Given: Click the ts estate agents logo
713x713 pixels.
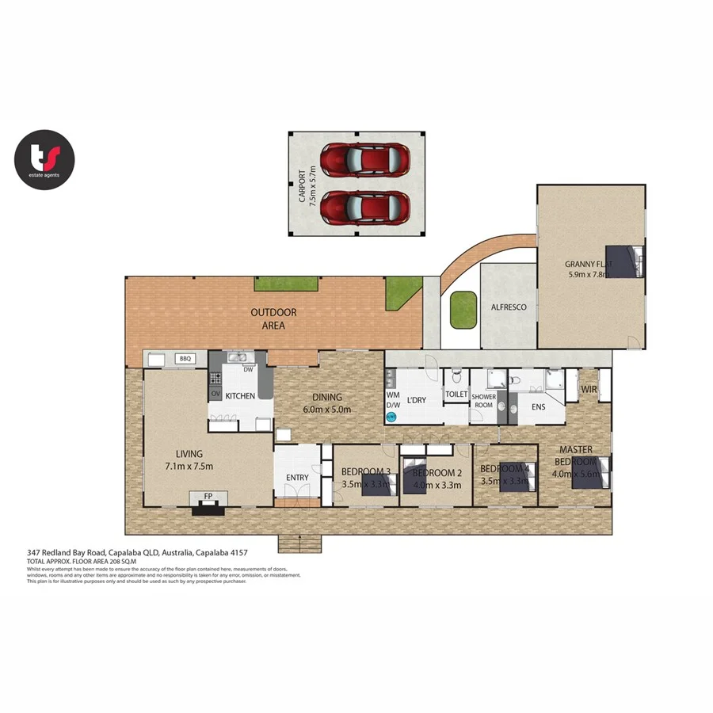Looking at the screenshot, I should (44, 159).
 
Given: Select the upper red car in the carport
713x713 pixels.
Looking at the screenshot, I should (365, 159).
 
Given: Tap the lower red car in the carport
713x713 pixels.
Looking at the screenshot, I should (365, 208).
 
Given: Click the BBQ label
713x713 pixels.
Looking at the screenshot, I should (185, 359).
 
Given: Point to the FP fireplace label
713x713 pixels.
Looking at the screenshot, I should (208, 497).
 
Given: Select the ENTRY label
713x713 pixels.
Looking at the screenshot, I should (297, 478).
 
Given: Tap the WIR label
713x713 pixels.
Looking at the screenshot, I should (589, 389).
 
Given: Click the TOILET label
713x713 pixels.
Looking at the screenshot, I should (456, 394).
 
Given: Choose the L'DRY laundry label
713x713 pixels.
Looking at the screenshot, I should (417, 400).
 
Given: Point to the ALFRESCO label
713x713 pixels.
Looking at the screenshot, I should (509, 307).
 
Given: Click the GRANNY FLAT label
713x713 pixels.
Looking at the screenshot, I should (588, 264).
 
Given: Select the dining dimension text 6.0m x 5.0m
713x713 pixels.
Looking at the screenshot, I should (327, 410).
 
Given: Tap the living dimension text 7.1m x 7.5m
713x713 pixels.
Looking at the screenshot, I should (185, 466).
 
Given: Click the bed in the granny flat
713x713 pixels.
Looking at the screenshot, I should (629, 261).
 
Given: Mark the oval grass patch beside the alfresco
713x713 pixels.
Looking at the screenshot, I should (461, 310).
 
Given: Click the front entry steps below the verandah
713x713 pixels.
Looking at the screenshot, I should (299, 543).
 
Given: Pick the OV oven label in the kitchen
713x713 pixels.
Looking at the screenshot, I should (215, 394).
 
